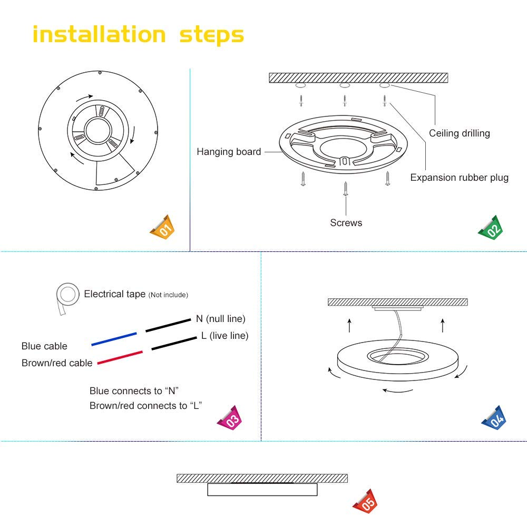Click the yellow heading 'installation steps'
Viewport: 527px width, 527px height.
[138, 35]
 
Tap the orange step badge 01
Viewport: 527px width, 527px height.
[163, 228]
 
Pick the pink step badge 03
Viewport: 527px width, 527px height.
[230, 417]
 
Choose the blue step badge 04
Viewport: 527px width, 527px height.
[495, 418]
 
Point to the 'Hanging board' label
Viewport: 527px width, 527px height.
[229, 152]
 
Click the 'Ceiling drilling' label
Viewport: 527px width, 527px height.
[459, 133]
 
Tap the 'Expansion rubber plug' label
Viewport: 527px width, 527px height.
[459, 178]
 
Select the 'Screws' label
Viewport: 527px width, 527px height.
[346, 223]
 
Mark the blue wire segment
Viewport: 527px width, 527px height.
[114, 339]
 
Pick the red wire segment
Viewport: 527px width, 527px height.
[119, 357]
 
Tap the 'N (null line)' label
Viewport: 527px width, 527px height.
[220, 319]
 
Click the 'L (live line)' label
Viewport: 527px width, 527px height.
[224, 336]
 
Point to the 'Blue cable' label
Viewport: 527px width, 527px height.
[44, 346]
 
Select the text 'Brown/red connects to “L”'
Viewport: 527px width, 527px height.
[146, 406]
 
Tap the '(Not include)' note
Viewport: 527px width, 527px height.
[168, 295]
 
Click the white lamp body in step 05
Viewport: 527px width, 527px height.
[262, 490]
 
